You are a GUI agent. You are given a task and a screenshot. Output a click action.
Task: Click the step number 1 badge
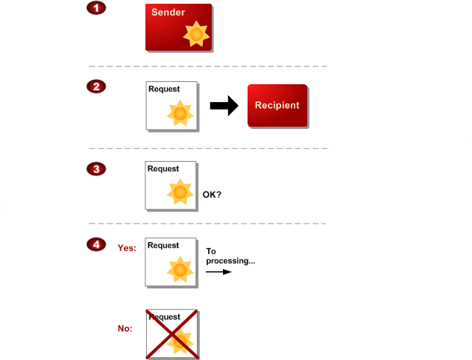click(95, 8)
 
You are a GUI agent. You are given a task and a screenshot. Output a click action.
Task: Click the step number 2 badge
click(95, 86)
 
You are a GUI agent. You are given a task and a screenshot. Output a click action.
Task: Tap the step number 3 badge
click(95, 168)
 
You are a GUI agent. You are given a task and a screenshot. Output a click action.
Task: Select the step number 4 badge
click(95, 244)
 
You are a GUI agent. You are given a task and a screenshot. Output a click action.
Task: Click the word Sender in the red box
click(168, 13)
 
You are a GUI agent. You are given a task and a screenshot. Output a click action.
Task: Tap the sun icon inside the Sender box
click(196, 34)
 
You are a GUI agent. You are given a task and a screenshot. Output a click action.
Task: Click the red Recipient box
click(277, 106)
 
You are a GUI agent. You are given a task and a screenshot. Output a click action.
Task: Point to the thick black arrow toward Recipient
click(223, 106)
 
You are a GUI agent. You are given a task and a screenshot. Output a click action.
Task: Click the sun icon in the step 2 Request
click(180, 113)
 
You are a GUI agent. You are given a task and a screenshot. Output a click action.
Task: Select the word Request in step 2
click(164, 89)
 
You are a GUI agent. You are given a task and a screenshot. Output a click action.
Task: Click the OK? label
click(213, 195)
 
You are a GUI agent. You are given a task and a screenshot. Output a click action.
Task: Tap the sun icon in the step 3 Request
click(180, 192)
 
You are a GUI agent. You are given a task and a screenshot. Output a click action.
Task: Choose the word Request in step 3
click(163, 169)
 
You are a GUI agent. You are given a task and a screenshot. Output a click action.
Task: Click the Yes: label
click(127, 248)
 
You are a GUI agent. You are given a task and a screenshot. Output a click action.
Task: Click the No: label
click(125, 328)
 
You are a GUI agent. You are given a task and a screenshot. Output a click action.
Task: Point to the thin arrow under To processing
click(218, 272)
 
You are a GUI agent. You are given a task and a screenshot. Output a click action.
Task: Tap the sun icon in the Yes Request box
click(180, 268)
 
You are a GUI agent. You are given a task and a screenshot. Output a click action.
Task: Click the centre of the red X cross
click(171, 334)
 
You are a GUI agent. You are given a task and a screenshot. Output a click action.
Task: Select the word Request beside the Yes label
click(163, 245)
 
